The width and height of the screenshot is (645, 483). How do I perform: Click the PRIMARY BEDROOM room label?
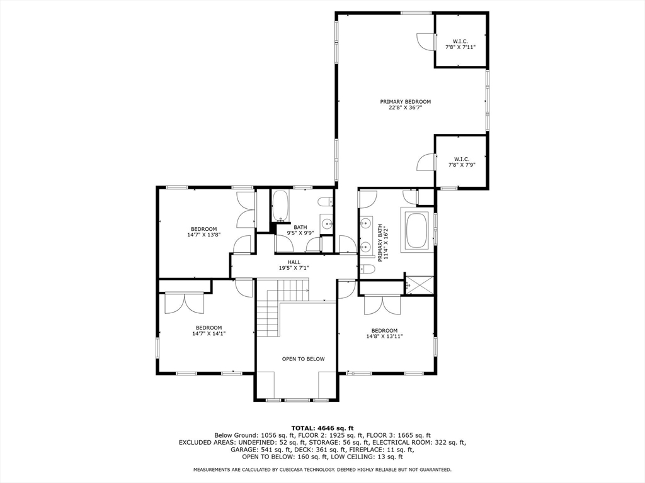coord(405,104)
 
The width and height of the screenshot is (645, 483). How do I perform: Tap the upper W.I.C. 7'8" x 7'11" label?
coord(460,44)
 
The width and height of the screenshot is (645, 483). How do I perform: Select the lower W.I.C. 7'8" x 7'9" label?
coord(461,162)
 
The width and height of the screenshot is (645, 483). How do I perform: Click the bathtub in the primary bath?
coord(417,231)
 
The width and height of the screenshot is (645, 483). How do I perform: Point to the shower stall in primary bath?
coord(419,285)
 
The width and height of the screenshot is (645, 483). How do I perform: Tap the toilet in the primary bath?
coord(368,269)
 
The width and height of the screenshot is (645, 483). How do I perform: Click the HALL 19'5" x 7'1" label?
coord(294,265)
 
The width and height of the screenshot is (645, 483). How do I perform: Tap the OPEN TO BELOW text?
coord(303,359)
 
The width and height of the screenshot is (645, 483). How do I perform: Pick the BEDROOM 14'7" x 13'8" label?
coord(204,231)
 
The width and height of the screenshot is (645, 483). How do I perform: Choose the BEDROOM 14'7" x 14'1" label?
coord(208,330)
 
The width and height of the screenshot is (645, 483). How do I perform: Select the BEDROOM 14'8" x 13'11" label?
coord(384,333)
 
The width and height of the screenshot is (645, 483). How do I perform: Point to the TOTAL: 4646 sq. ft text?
coord(322,428)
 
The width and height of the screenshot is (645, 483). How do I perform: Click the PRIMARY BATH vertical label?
coord(382,241)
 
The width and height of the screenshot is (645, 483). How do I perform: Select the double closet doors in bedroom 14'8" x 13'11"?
coord(382,304)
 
